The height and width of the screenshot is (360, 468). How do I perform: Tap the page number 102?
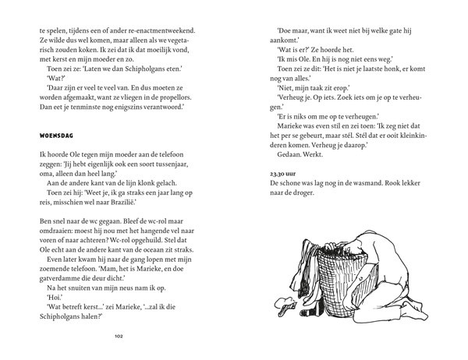pyautogui.click(x=119, y=337)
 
